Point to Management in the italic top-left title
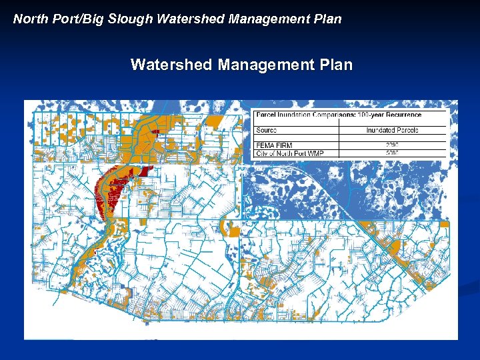click(267, 19)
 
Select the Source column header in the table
click(266, 130)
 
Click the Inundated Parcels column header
click(392, 130)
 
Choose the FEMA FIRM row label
click(274, 145)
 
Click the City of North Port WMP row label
click(289, 153)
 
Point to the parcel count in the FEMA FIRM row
click(392, 145)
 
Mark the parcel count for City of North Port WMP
click(392, 153)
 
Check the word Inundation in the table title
click(291, 115)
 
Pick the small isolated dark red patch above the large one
click(155, 131)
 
